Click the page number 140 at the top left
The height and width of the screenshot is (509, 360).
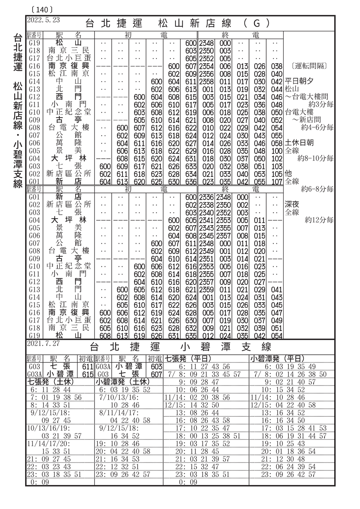coord(41,8)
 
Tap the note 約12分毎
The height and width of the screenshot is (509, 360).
coord(319,220)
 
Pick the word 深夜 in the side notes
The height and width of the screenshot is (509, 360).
coord(292,204)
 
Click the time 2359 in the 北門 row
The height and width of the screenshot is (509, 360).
coord(206,289)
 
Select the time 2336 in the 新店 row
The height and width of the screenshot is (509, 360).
coord(206,197)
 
